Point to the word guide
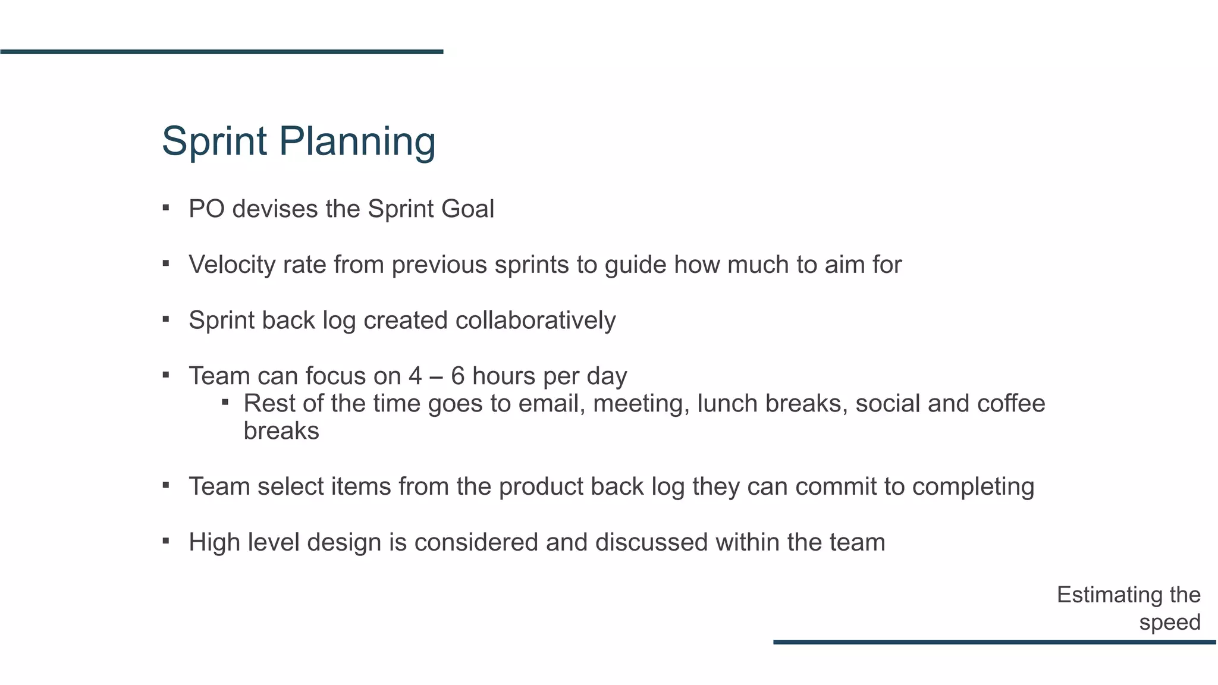pos(635,265)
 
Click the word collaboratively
pos(535,320)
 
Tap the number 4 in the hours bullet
pos(415,376)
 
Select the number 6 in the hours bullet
pos(458,376)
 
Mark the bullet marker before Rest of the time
pos(225,403)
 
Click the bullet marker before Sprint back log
pos(166,319)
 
